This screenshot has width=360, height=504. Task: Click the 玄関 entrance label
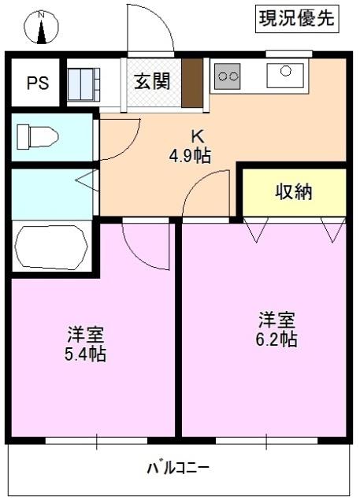[x=151, y=82]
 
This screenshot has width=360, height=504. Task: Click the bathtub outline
[x=52, y=246]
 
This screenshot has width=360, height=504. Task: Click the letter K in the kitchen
[x=189, y=135]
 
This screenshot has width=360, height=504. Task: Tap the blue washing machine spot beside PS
[x=84, y=81]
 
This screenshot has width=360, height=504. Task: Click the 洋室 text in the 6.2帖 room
[x=276, y=320]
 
